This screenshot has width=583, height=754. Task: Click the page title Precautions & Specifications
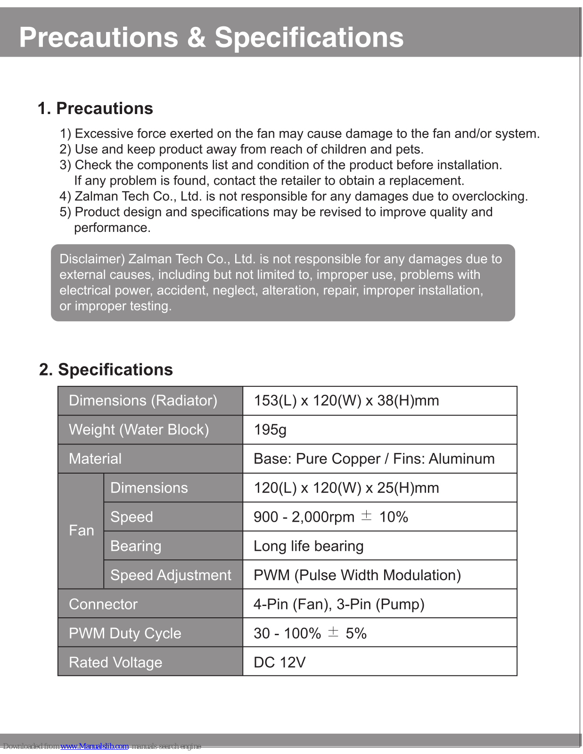pos(211,37)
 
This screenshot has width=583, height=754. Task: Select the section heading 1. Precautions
pos(95,108)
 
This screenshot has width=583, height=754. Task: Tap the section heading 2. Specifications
pos(106,369)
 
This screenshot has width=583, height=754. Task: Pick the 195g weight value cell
pos(270,430)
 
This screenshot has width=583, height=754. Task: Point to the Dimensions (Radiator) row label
pos(143,401)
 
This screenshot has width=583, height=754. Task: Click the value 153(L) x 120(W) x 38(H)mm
pos(346,401)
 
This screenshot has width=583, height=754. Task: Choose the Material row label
pos(95,459)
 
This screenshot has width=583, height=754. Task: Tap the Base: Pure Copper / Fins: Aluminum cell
pos(374,459)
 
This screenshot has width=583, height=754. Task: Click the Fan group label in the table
pos(81,531)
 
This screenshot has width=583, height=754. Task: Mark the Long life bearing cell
pos(308,546)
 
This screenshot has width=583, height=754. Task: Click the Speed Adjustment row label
pos(171,575)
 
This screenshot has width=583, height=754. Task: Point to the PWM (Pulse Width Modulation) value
pos(357,575)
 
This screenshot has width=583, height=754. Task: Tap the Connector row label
pos(103,604)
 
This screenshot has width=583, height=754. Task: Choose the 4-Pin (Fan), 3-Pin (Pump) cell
pos(339,604)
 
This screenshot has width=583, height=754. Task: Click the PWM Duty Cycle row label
pos(125,633)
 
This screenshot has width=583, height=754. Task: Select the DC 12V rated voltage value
pos(279,663)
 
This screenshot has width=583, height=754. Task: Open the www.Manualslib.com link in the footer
pos(94,746)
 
